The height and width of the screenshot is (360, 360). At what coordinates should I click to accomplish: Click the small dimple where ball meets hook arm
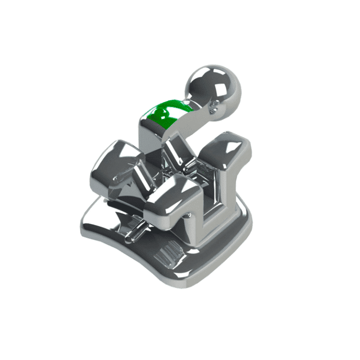214,107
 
